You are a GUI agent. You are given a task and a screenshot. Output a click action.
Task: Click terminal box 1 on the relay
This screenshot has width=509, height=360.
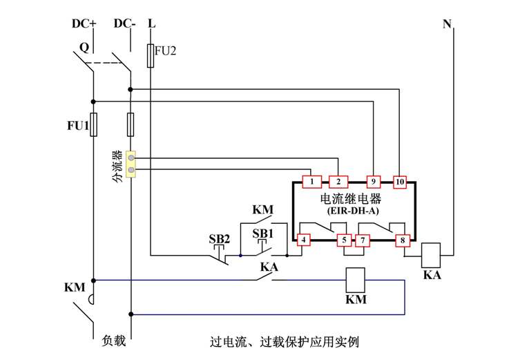(312, 182)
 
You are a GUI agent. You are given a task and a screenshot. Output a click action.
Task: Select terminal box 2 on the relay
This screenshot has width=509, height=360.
(338, 182)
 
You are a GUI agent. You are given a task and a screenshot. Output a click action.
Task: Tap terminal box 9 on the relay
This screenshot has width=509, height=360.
(374, 182)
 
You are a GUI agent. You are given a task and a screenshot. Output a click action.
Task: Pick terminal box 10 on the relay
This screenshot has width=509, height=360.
(400, 182)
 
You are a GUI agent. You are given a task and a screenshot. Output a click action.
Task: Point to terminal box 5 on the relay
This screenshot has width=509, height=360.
(343, 240)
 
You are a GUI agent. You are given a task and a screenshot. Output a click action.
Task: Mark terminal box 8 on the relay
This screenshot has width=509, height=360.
(402, 240)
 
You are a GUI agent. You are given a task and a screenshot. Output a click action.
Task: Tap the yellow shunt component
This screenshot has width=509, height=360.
(130, 164)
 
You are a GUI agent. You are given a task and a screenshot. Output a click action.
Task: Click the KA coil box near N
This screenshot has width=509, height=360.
(431, 254)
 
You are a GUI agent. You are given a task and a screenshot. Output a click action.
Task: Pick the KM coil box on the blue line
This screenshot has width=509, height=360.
(355, 280)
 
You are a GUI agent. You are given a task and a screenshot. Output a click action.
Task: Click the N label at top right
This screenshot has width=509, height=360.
(448, 24)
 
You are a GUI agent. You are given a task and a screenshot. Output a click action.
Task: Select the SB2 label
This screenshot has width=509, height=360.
(220, 239)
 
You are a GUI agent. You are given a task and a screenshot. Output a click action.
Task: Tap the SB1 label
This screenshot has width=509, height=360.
(262, 234)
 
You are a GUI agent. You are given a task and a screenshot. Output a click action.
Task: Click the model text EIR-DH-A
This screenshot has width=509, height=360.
(352, 210)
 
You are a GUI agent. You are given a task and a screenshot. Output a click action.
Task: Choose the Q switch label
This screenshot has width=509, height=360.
(84, 48)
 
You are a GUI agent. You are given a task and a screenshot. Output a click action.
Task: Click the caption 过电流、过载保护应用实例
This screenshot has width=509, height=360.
(285, 342)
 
